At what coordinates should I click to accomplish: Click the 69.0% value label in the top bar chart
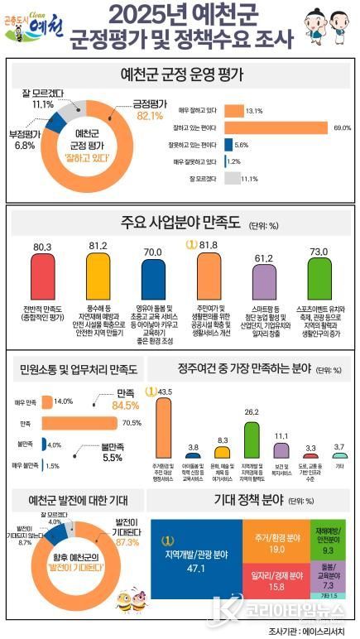point(342,128)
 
